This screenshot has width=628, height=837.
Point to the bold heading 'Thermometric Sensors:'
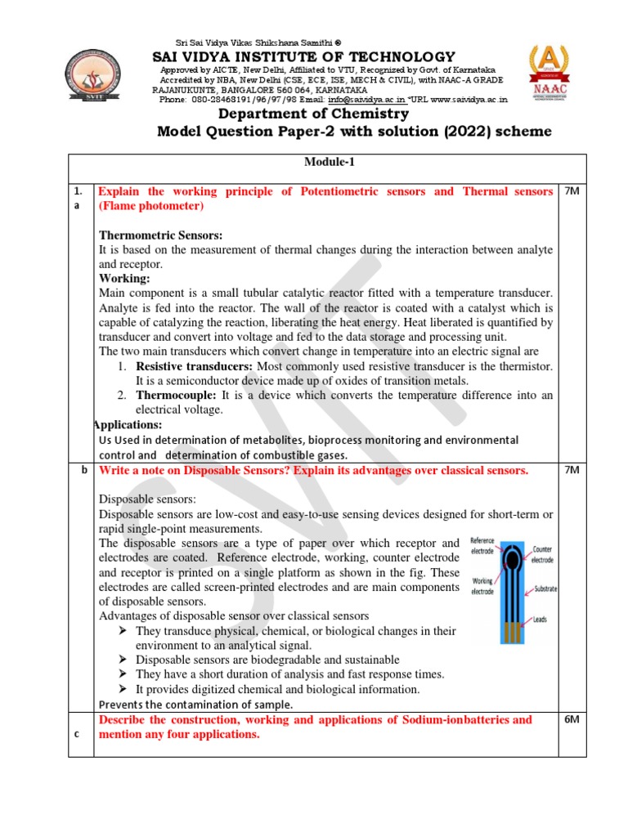155,236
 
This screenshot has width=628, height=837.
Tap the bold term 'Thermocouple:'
173,395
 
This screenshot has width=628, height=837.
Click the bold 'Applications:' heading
128,425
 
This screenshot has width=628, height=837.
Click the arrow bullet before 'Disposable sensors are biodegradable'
122,659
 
